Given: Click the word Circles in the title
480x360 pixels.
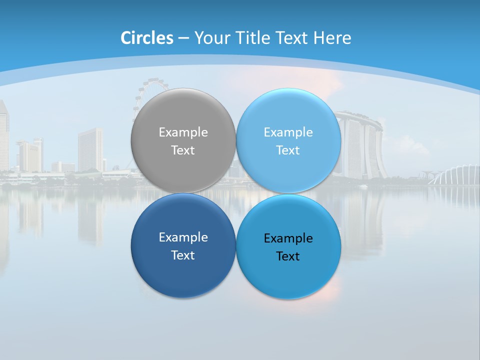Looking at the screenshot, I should (x=147, y=37).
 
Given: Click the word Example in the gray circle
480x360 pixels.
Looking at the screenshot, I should (x=183, y=132).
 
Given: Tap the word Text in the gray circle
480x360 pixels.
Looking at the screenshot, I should (x=183, y=150).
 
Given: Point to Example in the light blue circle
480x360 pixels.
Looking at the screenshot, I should (x=288, y=132).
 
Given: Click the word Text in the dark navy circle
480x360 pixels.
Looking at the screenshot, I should (x=183, y=255).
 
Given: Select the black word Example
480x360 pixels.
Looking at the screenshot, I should (x=288, y=238).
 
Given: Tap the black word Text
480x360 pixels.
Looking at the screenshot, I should (x=288, y=256).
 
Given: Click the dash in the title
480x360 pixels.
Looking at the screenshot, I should (x=183, y=38).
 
